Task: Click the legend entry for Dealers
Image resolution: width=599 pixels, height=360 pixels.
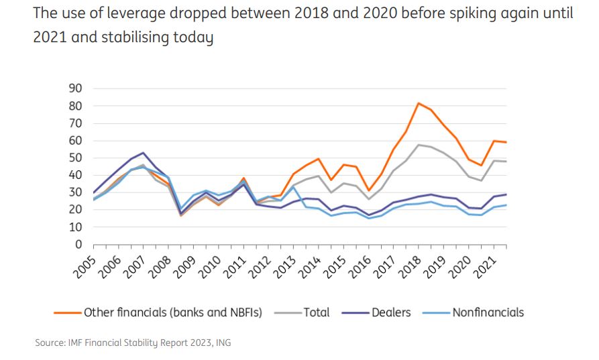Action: coord(391,312)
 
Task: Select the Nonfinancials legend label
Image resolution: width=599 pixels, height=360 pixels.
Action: coord(488,312)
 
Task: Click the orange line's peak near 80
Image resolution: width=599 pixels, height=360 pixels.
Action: coord(418,103)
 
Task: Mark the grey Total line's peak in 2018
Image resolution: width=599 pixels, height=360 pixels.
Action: coord(418,145)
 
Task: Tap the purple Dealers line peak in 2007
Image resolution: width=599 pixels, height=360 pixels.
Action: coord(143,153)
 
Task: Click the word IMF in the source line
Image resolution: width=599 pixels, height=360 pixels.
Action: coord(75,343)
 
